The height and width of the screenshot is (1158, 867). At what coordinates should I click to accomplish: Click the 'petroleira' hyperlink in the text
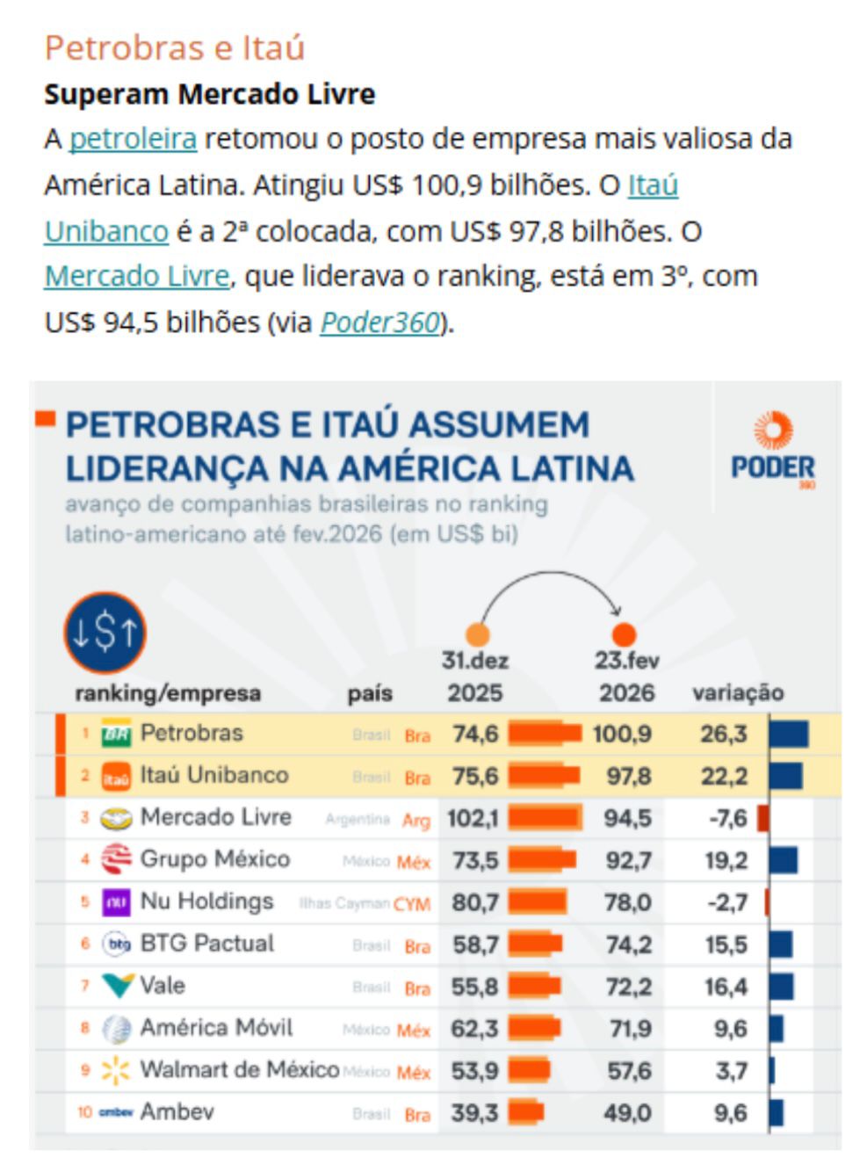[x=133, y=139]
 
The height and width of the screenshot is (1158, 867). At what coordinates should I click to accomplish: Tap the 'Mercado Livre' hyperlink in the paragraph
[x=137, y=276]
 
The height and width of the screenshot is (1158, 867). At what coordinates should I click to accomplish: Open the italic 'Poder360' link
[x=379, y=322]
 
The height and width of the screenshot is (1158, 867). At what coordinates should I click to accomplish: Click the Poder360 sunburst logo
[x=773, y=431]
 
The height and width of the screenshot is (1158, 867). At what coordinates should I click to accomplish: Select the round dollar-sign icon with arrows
[x=105, y=633]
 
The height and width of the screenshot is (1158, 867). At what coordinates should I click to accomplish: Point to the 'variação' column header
[x=737, y=693]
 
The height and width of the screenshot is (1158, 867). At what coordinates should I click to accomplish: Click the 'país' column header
[x=370, y=693]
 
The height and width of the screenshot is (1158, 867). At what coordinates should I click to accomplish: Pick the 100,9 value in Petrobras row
[x=621, y=734]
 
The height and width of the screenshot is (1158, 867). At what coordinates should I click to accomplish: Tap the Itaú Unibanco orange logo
[x=116, y=777]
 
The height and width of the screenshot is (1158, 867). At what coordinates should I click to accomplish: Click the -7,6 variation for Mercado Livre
[x=727, y=818]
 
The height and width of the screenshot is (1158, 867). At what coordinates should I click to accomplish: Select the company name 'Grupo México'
[x=214, y=859]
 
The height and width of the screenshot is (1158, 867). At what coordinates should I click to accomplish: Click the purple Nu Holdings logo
[x=116, y=902]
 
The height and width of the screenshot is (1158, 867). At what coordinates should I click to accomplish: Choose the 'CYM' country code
[x=412, y=904]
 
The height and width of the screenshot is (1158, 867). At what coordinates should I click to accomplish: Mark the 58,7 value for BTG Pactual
[x=475, y=944]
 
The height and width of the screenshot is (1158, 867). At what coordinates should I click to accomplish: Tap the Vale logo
[x=117, y=986]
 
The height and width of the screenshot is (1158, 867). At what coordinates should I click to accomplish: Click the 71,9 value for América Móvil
[x=629, y=1029]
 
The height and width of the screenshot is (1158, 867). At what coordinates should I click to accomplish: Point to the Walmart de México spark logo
[x=116, y=1070]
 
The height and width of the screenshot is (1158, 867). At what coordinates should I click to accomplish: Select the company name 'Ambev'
[x=177, y=1112]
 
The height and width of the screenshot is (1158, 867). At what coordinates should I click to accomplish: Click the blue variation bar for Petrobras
[x=789, y=734]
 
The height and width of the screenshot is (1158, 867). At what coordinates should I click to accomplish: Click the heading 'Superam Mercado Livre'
[x=210, y=94]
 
